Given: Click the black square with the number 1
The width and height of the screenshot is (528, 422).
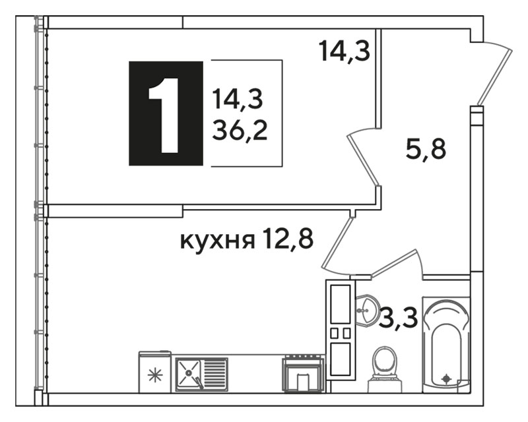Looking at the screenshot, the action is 166,113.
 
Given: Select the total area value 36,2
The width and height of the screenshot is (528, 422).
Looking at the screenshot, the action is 240,131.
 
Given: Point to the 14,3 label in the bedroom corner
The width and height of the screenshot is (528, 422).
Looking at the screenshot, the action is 345,51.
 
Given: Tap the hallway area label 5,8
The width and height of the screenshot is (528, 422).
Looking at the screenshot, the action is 426,149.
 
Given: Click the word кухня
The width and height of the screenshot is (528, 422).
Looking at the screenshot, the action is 218,240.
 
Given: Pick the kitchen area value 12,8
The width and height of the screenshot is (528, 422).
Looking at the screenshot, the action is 288,238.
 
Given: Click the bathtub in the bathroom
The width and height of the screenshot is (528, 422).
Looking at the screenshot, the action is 446,345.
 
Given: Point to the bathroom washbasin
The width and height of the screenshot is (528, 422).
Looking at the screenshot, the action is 365,311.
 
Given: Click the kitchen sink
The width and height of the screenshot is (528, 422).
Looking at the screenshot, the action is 202,375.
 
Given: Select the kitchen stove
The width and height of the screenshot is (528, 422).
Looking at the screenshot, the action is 304,374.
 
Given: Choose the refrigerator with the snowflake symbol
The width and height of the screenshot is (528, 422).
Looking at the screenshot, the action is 155,372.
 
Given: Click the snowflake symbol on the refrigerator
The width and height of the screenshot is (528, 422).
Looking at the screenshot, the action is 155,375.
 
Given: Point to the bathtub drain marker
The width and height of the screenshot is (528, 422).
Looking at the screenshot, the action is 447,379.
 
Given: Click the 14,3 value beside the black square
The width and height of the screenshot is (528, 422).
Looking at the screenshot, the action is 238,100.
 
